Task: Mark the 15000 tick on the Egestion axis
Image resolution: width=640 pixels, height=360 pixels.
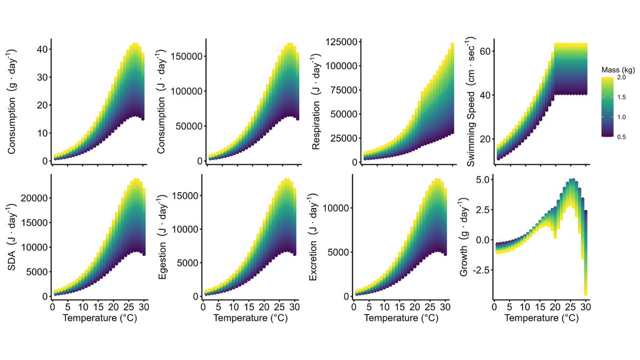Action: (188, 196)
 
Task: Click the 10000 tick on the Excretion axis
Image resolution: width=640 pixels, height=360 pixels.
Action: (339, 207)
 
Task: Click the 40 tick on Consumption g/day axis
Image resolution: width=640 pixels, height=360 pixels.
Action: (41, 49)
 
